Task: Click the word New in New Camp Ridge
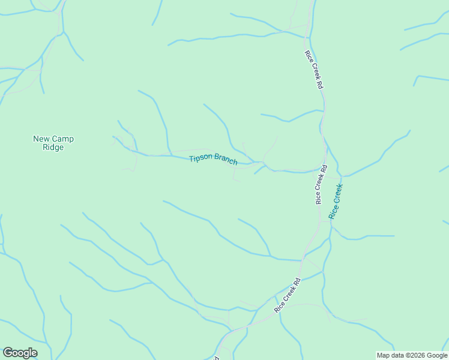(41, 139)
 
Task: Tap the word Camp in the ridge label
(62, 139)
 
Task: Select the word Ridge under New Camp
(53, 148)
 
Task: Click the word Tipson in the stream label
(200, 158)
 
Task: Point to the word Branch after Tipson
(226, 161)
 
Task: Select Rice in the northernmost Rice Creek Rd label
(308, 58)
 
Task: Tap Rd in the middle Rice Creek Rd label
(323, 170)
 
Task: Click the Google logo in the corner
(20, 353)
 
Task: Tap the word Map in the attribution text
(384, 355)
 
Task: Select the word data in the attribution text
(398, 355)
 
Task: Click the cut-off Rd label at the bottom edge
(215, 358)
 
